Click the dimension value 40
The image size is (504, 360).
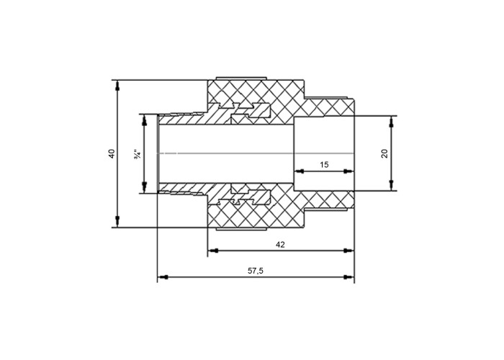click(x=112, y=153)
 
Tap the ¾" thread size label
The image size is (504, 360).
click(x=138, y=153)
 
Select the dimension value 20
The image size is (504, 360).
click(x=384, y=153)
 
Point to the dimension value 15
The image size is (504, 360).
click(x=324, y=165)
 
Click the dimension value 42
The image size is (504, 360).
click(x=280, y=245)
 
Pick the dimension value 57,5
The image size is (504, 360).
click(x=256, y=271)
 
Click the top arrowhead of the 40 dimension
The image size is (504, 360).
click(x=117, y=86)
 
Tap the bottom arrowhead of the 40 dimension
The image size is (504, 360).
click(x=117, y=222)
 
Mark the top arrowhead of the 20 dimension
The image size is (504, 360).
click(x=391, y=122)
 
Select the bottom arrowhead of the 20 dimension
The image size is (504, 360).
click(x=391, y=186)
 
